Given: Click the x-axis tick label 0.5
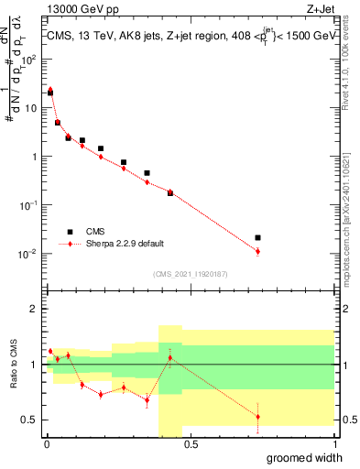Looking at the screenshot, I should click(189, 444).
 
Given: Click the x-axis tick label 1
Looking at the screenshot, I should click(333, 444).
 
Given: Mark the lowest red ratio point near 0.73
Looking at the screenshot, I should click(257, 417).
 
